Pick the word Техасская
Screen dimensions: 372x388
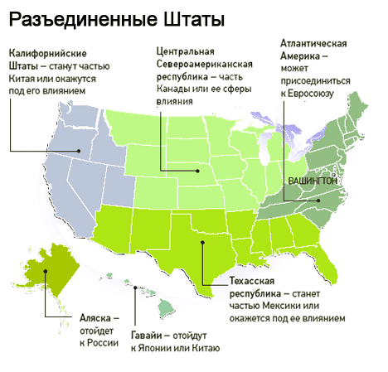point(254,281)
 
